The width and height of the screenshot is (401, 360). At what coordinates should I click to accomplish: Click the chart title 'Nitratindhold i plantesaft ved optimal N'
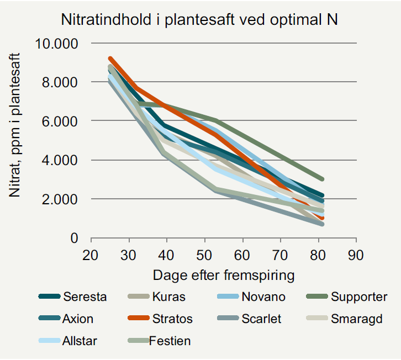tap(198, 20)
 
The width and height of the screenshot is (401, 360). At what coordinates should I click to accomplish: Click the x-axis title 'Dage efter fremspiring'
tap(223, 274)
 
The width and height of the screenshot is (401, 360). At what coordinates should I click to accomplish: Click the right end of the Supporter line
tap(321, 179)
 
